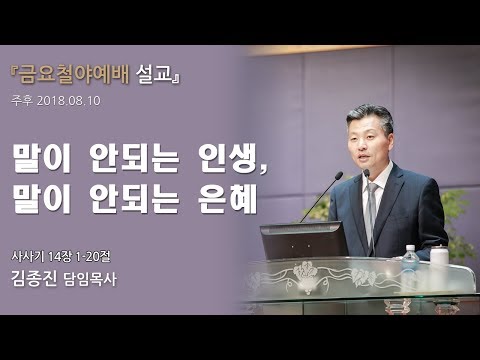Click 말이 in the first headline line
43,157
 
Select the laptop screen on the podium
302,241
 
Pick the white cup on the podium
438,257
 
